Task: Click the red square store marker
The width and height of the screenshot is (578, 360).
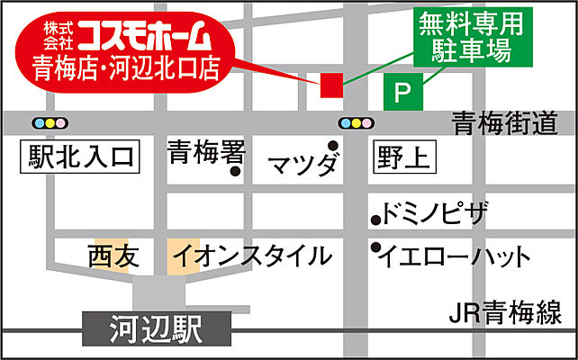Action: (x=331, y=84)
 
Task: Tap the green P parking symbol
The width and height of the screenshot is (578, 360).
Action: (x=402, y=92)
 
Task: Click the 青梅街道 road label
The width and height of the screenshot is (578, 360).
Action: (x=506, y=123)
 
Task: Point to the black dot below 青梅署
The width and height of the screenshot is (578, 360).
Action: (x=236, y=171)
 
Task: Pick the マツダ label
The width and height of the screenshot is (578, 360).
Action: (x=304, y=165)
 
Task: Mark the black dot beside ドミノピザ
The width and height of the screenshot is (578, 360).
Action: (x=375, y=219)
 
